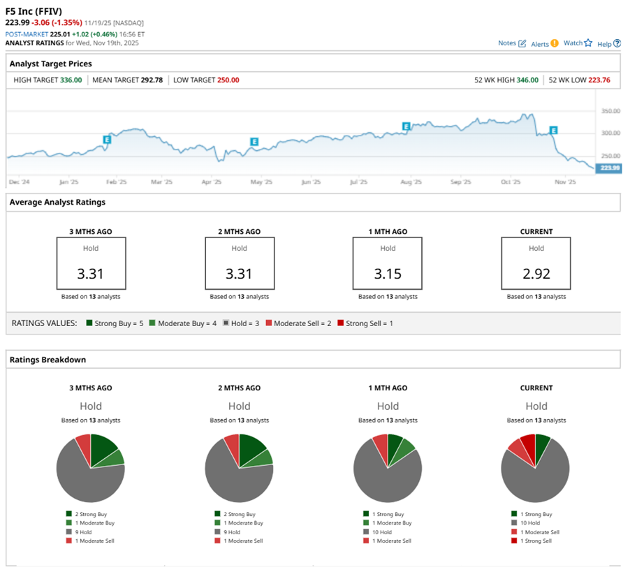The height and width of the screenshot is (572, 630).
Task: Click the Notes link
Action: tap(511, 43)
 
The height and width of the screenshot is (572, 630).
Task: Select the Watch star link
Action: tap(578, 43)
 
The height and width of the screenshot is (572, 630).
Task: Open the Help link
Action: tap(608, 43)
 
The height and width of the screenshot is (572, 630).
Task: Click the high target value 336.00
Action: tap(70, 80)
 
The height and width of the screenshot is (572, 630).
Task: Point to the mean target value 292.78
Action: tap(151, 80)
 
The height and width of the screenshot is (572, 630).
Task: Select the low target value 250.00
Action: tap(226, 80)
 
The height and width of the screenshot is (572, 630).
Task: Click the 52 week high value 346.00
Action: tap(527, 80)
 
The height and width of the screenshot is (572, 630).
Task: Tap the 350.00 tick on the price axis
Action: tap(610, 111)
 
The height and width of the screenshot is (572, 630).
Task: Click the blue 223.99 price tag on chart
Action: tap(608, 168)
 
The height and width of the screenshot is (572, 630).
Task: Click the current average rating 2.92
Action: tap(536, 273)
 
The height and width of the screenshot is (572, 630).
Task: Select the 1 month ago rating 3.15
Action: tap(388, 273)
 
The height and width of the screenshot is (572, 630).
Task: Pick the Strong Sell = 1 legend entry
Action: tap(365, 323)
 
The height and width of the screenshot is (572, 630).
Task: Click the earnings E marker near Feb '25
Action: tap(107, 140)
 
